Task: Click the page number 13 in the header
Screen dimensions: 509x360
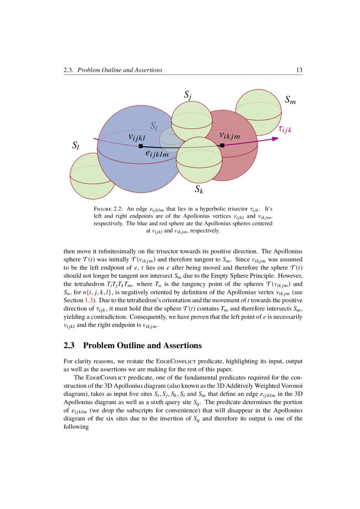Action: point(299,70)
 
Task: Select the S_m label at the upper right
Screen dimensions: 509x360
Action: point(290,100)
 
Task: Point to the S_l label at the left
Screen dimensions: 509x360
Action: point(75,146)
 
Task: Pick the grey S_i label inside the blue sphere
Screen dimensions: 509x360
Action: point(154,126)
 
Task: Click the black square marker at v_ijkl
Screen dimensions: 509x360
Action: point(140,146)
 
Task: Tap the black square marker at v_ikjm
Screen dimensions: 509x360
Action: point(222,145)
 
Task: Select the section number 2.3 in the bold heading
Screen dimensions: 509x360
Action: point(70,346)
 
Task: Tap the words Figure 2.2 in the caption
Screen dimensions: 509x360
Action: point(107,209)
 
